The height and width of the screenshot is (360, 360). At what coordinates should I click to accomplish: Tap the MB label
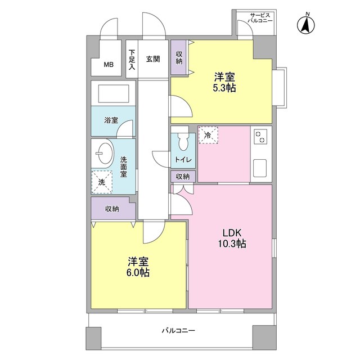click(109, 64)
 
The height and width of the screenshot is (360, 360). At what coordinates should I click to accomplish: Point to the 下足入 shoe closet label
click(132, 59)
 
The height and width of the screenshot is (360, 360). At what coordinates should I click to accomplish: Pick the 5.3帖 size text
click(224, 88)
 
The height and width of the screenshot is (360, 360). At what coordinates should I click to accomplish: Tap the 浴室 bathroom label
click(111, 120)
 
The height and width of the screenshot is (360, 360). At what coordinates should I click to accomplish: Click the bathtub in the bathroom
click(113, 93)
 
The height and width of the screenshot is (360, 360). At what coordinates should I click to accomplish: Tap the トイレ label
click(183, 160)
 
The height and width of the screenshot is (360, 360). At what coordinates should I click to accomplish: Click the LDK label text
click(231, 233)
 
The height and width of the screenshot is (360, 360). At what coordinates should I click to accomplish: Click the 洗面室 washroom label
click(123, 166)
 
